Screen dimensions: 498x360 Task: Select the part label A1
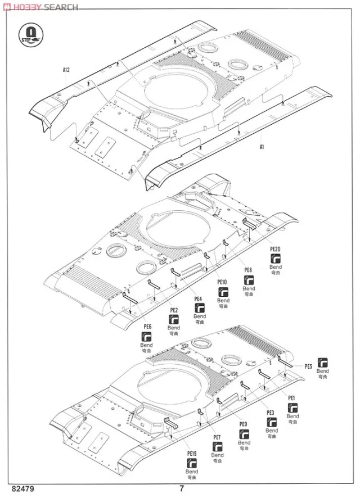tap(262, 147)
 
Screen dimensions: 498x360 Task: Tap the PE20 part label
tap(275, 248)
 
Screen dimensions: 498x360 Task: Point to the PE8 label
tap(248, 270)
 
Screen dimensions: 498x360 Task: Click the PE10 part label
tap(223, 282)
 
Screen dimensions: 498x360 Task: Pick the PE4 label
tap(199, 298)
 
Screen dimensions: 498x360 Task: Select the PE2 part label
tap(174, 310)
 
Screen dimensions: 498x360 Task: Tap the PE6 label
tap(148, 327)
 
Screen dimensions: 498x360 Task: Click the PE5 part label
tap(308, 366)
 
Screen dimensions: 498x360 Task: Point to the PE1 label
tap(291, 398)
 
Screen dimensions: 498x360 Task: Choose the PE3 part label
tap(271, 413)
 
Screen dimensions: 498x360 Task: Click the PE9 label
tap(243, 424)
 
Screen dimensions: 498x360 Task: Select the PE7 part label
tap(217, 437)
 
